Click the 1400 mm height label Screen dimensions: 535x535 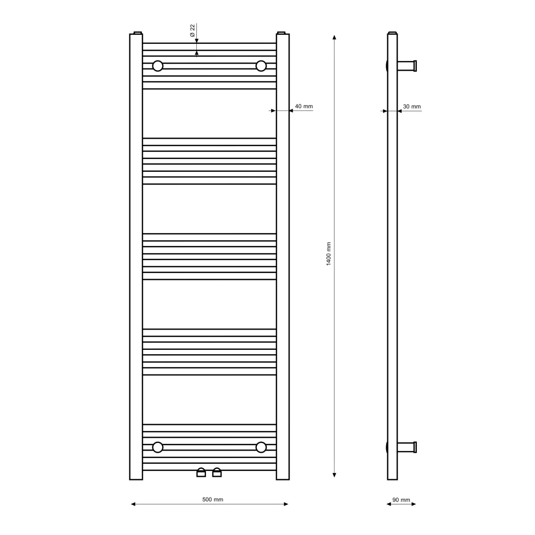click(x=328, y=254)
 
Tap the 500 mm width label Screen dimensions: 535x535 click(x=212, y=500)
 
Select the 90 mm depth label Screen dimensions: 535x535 click(x=401, y=500)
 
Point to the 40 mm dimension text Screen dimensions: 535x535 click(x=304, y=106)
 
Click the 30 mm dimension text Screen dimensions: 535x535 click(x=412, y=106)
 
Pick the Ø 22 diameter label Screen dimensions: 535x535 click(x=192, y=30)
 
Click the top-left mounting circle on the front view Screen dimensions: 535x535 click(x=158, y=66)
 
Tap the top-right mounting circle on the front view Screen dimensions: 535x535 click(x=261, y=66)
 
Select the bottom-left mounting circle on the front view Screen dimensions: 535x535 click(x=158, y=447)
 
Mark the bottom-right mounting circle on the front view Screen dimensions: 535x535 click(x=261, y=447)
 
